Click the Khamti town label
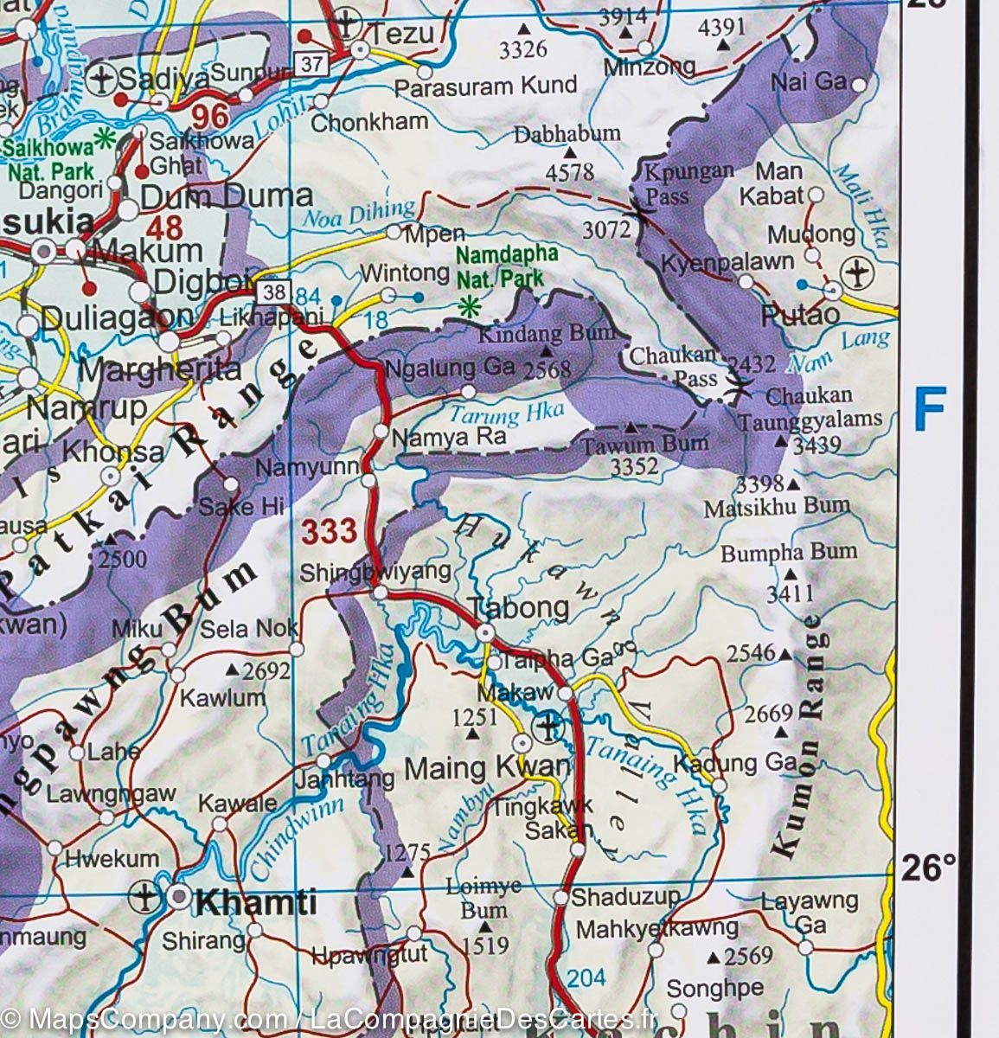[x=256, y=903]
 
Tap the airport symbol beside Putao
[x=858, y=273]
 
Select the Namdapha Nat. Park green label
[x=500, y=267]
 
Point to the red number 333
[x=329, y=531]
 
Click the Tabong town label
[x=518, y=607]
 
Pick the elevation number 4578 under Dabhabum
[x=570, y=172]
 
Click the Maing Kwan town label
[x=488, y=766]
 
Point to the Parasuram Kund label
[x=485, y=85]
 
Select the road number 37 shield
[x=311, y=62]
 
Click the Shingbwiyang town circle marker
[x=380, y=593]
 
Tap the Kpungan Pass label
[x=678, y=183]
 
